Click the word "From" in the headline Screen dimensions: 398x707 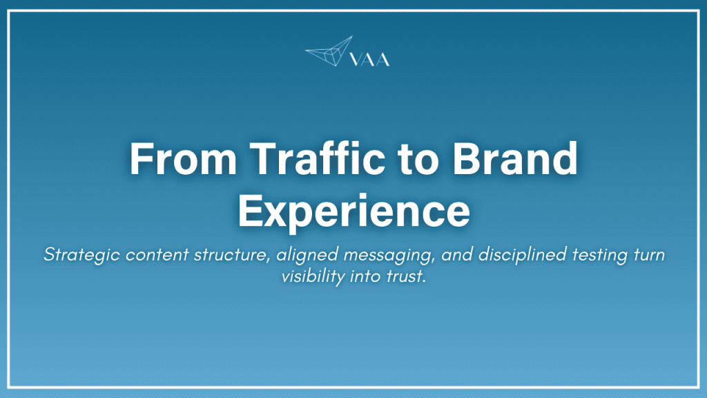pyautogui.click(x=173, y=160)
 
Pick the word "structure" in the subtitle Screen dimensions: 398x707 pyautogui.click(x=231, y=254)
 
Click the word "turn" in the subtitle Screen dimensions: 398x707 pyautogui.click(x=647, y=254)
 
